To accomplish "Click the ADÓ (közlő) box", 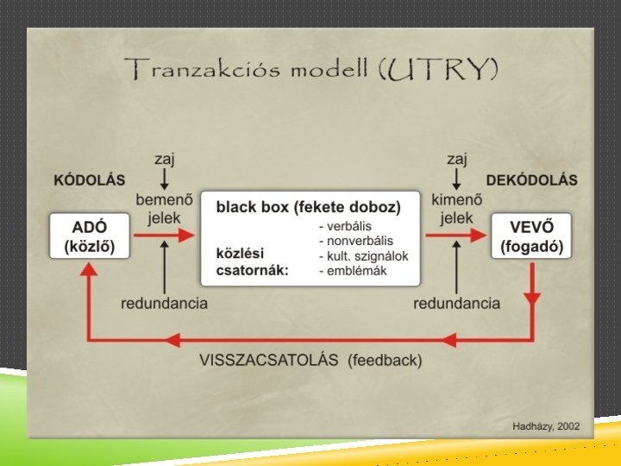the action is [x=89, y=236].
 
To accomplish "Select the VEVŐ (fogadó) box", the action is [x=531, y=236].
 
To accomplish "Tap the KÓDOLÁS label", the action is [x=89, y=180].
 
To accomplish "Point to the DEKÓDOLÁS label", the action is [x=532, y=180].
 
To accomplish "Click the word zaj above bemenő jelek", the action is [x=164, y=161].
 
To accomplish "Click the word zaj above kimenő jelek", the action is [x=457, y=161].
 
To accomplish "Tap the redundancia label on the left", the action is [x=164, y=303].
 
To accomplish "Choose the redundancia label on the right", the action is [x=457, y=303].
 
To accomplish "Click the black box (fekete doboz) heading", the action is [x=309, y=207].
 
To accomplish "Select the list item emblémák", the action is [x=353, y=271].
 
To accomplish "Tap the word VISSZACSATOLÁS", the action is [x=268, y=361].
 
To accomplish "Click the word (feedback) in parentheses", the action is [x=386, y=361].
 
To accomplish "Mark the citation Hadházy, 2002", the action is [x=547, y=425].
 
